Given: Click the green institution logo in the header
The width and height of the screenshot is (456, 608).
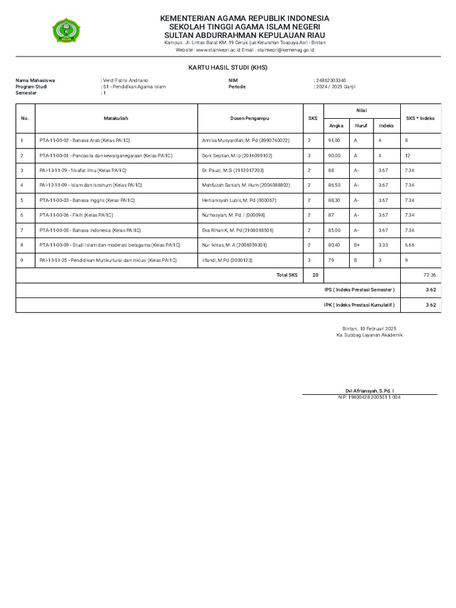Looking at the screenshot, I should click(69, 31).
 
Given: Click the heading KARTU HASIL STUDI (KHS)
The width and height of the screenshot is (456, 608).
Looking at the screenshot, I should click(228, 68).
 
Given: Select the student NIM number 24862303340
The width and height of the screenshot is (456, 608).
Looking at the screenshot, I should click(331, 80).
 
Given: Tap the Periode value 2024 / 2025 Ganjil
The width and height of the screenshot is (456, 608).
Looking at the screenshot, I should click(335, 87).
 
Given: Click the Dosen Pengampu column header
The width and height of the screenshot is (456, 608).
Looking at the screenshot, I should click(249, 118).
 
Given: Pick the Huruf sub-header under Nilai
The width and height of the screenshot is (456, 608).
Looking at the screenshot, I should click(361, 126).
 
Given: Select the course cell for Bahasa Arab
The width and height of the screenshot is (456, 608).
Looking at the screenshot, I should click(84, 141).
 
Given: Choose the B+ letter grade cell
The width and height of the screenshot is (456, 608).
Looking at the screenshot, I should click(357, 245).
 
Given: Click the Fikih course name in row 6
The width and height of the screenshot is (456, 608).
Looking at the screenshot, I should click(76, 215).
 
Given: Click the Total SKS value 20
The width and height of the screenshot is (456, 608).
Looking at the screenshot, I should click(315, 275).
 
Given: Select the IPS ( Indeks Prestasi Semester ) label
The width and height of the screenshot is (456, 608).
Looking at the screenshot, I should click(359, 290).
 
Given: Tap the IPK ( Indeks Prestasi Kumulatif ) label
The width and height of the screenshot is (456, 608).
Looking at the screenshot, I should click(359, 305).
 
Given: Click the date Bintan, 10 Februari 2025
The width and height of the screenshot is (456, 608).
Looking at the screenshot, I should click(369, 328).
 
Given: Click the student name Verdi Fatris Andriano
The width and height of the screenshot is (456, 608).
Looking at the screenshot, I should click(125, 80).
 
